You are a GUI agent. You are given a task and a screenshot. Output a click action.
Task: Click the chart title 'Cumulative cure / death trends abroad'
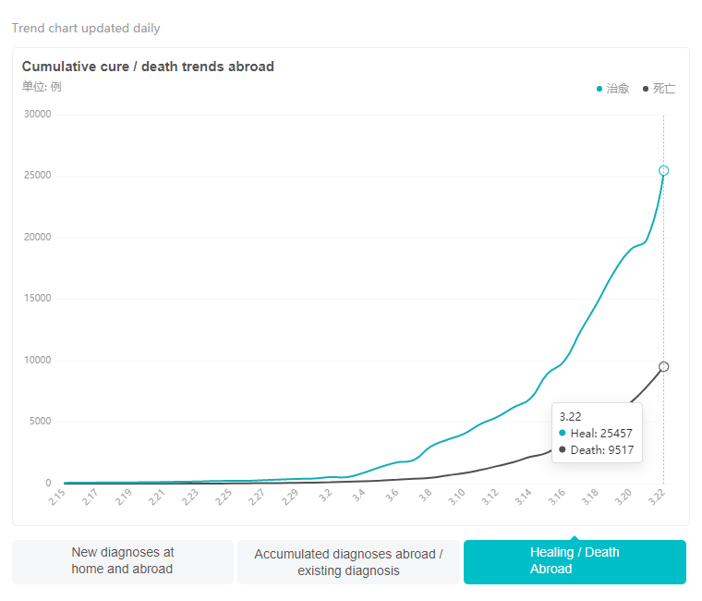click(x=148, y=67)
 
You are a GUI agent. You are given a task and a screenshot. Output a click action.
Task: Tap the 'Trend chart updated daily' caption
click(x=86, y=28)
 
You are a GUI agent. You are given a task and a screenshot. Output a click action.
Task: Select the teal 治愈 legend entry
click(x=613, y=89)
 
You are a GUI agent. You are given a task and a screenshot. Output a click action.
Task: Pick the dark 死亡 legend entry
click(x=660, y=89)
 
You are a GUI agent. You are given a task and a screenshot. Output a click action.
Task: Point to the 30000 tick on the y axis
click(x=38, y=115)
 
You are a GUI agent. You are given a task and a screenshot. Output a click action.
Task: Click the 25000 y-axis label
click(x=38, y=176)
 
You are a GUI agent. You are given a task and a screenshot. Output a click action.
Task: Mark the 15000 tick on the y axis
click(x=38, y=299)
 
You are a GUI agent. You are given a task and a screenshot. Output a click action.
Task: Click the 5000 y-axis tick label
click(x=41, y=422)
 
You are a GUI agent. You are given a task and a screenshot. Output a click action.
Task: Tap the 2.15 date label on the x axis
click(x=57, y=497)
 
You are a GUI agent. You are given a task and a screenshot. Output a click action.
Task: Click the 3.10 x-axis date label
click(x=457, y=497)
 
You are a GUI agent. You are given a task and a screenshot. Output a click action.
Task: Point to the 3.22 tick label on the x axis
click(x=657, y=497)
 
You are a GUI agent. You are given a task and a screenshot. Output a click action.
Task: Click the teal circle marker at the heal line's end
click(x=663, y=171)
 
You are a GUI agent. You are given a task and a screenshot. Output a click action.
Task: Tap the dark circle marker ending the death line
click(x=663, y=367)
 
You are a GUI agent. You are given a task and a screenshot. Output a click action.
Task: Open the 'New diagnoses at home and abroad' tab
click(x=122, y=561)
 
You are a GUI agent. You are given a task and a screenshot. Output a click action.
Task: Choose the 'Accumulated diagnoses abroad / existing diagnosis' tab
click(x=348, y=562)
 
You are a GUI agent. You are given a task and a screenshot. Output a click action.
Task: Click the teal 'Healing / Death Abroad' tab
click(x=575, y=561)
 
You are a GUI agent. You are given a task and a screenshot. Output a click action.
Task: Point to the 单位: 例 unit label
click(x=42, y=87)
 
